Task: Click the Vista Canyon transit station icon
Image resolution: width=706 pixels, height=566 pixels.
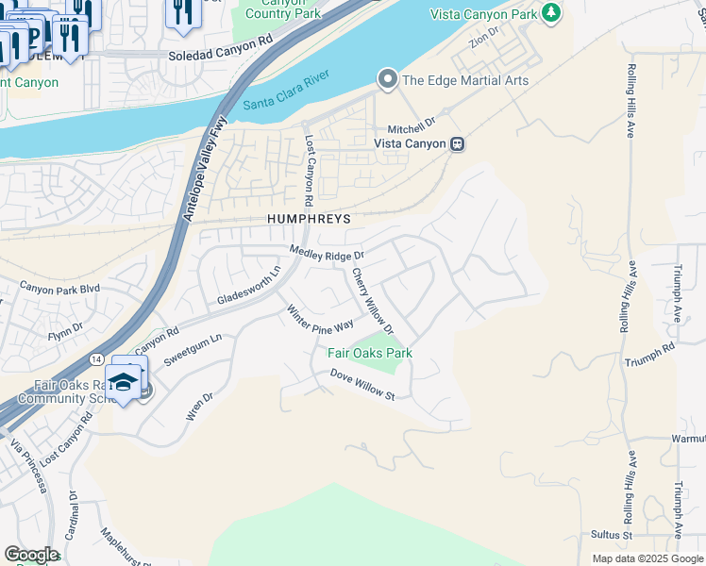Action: (x=457, y=143)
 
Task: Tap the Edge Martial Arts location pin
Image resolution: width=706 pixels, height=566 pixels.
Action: (x=387, y=80)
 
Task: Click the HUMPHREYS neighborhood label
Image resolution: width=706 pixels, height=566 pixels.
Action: (x=307, y=219)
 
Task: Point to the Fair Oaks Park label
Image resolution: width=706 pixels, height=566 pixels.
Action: (x=370, y=353)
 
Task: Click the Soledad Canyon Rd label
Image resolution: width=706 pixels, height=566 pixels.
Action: (x=220, y=56)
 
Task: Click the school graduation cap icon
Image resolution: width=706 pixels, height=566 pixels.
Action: (x=123, y=382)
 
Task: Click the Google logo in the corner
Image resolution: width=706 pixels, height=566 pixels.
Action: (x=31, y=555)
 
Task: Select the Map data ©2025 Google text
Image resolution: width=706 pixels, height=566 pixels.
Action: (x=647, y=558)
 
